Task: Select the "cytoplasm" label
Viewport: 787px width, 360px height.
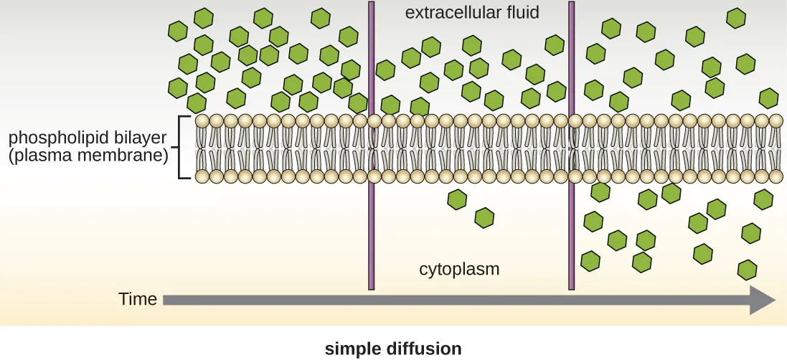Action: (x=459, y=270)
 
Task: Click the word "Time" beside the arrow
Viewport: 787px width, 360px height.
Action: (x=138, y=299)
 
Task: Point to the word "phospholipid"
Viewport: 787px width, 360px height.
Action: (x=56, y=137)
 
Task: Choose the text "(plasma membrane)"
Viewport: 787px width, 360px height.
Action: (x=88, y=154)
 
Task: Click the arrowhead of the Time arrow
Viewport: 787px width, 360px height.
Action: (x=762, y=299)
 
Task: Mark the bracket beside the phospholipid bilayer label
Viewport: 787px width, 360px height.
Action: (x=184, y=147)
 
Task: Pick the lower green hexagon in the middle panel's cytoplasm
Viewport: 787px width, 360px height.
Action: (x=484, y=217)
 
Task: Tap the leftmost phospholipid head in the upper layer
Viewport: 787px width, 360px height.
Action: (x=202, y=120)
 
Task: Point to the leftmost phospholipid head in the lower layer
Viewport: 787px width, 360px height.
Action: (x=202, y=176)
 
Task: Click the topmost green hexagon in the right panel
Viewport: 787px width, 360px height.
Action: (x=735, y=18)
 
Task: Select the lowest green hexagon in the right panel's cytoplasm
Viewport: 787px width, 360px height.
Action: (x=747, y=270)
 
